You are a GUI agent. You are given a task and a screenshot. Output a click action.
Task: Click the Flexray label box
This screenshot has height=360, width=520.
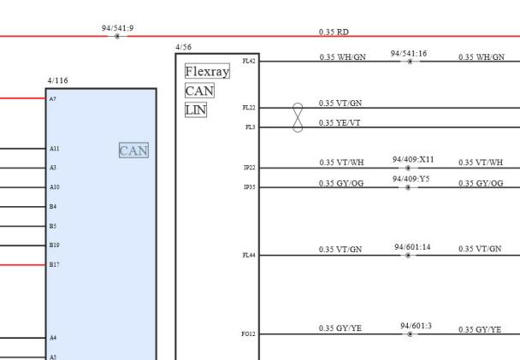pos(207,71)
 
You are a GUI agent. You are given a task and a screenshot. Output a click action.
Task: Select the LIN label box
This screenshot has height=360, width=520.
pos(196,109)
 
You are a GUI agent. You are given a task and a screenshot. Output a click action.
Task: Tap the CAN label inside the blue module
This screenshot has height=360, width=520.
pos(133,150)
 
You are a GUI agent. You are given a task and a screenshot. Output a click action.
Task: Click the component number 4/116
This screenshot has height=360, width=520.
pos(57,80)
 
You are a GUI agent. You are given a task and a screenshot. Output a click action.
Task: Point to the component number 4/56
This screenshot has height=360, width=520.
pos(183,47)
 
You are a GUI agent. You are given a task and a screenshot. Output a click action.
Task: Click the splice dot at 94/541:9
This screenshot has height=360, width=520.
pos(117,36)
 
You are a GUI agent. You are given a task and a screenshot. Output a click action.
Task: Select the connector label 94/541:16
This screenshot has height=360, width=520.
pos(409,53)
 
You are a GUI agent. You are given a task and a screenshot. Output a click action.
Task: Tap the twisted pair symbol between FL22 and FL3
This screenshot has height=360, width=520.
pos(298,118)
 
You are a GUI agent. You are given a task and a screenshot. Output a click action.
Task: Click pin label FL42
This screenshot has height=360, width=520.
pos(249,61)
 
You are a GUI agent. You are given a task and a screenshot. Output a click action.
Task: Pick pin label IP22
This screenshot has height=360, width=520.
pos(250,168)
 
